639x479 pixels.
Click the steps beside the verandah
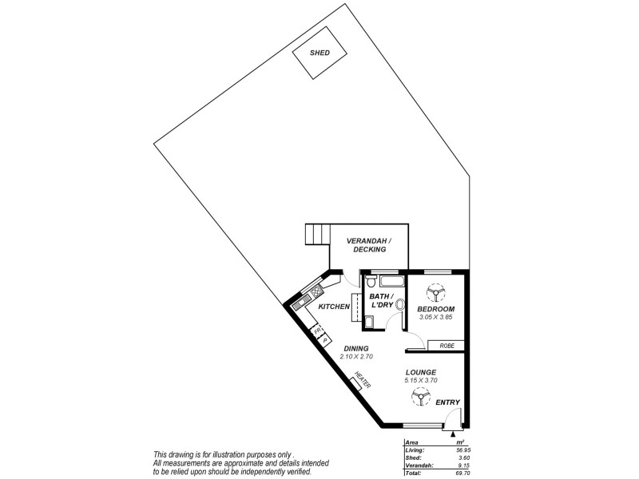(x=317, y=236)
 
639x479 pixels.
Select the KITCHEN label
(x=334, y=307)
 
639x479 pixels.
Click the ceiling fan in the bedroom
(x=436, y=293)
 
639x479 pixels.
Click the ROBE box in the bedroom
(x=444, y=346)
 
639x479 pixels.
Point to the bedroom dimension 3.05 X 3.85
(x=436, y=317)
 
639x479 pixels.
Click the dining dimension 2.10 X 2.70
(x=356, y=356)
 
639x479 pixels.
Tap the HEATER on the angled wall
(x=358, y=384)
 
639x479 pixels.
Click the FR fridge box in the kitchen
(x=317, y=331)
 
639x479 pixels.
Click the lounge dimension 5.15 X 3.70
(x=420, y=381)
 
